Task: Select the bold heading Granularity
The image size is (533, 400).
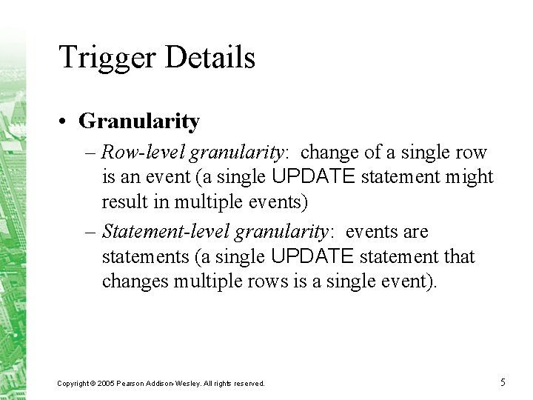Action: (139, 121)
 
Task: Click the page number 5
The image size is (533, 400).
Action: (503, 382)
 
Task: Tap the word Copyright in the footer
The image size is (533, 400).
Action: (74, 384)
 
